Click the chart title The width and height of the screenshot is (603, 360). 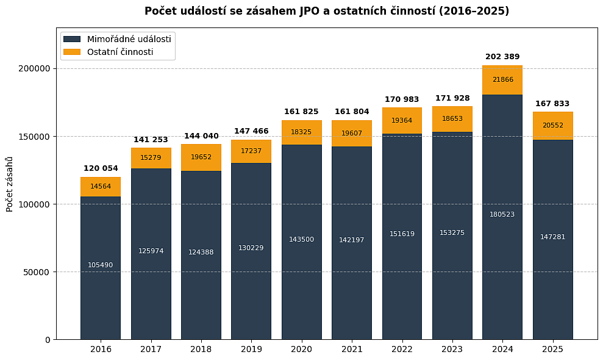(326, 11)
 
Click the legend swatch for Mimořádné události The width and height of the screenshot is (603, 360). (72, 39)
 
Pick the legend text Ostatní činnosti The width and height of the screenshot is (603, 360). (120, 52)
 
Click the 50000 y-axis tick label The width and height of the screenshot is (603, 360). (36, 272)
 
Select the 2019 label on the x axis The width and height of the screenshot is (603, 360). (251, 350)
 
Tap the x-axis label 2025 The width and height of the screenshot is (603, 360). (552, 350)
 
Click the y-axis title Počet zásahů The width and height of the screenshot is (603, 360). (10, 184)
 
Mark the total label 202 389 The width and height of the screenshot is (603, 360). (502, 57)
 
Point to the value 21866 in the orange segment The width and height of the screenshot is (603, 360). (502, 80)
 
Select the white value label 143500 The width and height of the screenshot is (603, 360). (301, 240)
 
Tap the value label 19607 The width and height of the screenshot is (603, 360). (352, 134)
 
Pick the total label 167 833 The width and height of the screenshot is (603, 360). (552, 104)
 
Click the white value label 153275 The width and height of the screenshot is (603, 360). (452, 233)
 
